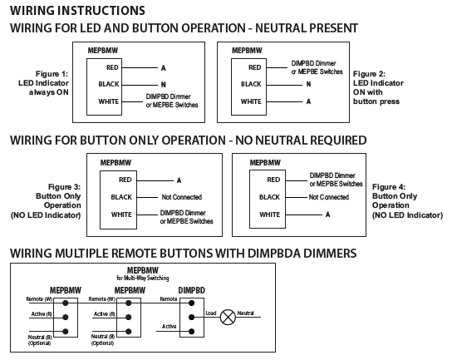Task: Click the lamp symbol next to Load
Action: click(228, 317)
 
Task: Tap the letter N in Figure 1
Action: click(164, 85)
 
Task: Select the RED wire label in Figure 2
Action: click(254, 67)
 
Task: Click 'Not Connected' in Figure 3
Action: click(182, 197)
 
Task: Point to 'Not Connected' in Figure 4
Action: click(329, 197)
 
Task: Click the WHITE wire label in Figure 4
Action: click(269, 215)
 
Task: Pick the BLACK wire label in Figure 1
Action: click(109, 84)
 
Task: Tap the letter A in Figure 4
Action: click(327, 215)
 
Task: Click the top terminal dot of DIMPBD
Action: click(191, 303)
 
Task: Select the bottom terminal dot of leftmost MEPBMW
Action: click(66, 332)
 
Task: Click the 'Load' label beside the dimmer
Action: click(211, 313)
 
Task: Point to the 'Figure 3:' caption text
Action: click(64, 187)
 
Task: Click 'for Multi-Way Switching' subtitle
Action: click(143, 278)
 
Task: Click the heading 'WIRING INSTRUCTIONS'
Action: click(77, 10)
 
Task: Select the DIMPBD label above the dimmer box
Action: click(191, 290)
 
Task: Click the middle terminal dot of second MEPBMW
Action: click(129, 318)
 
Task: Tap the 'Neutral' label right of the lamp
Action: click(246, 313)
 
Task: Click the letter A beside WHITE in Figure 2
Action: click(308, 101)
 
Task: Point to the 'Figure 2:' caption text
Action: click(369, 74)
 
